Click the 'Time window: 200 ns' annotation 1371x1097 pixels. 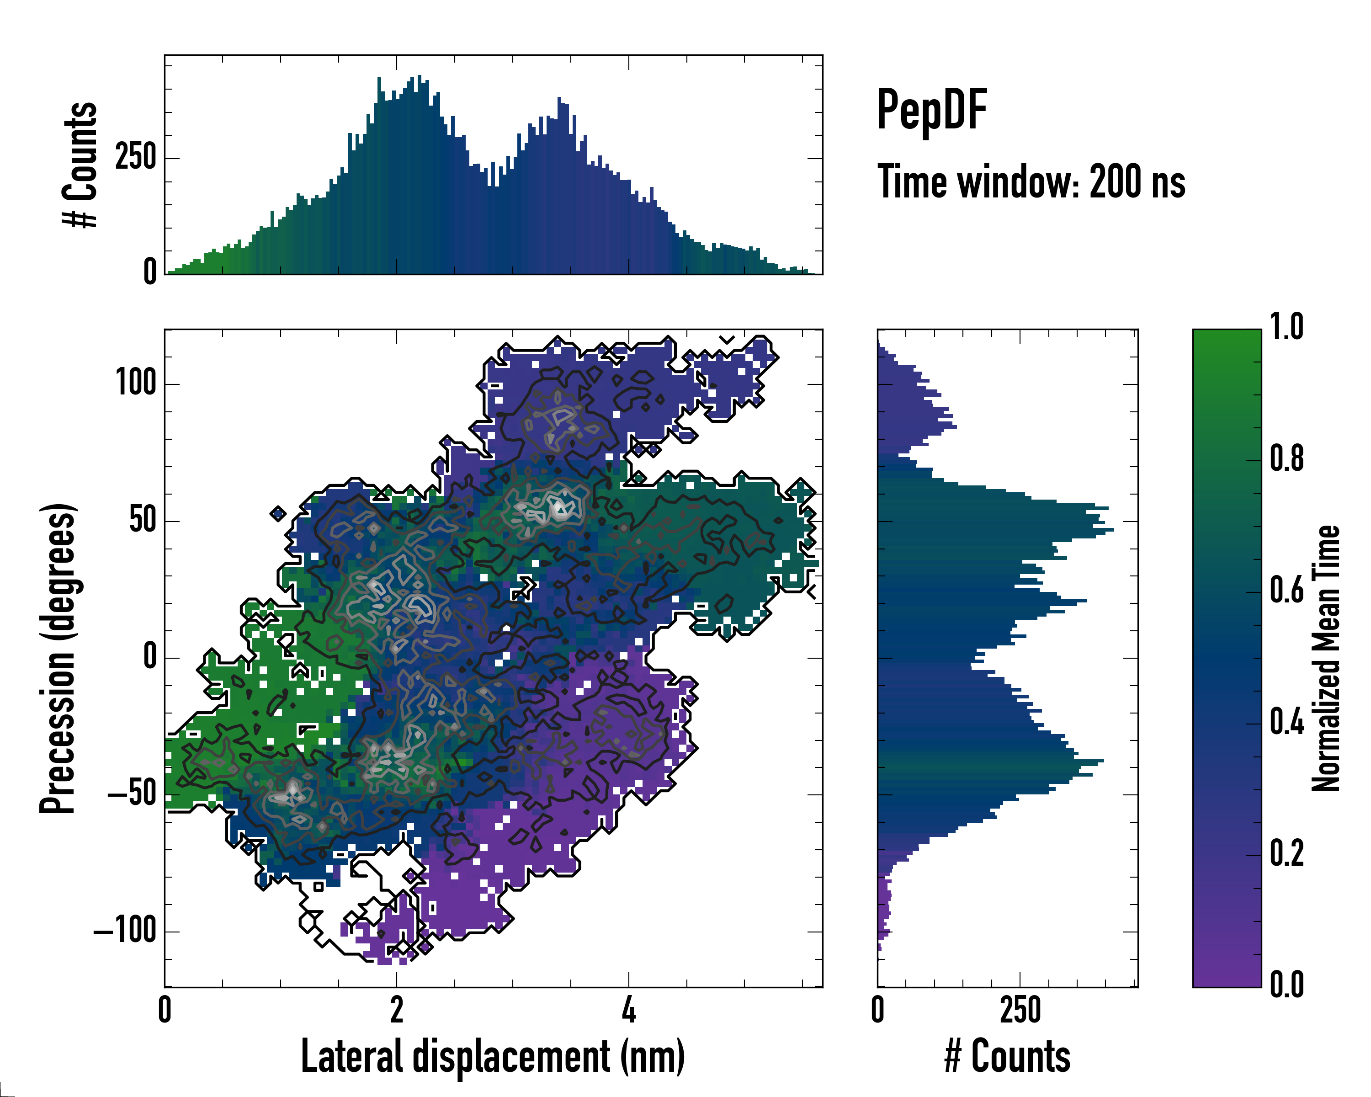click(x=1031, y=182)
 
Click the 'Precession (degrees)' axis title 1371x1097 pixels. click(x=58, y=658)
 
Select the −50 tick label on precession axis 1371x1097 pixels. click(x=132, y=794)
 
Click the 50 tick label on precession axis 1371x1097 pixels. click(x=143, y=520)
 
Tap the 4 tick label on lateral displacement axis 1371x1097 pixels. click(x=628, y=1010)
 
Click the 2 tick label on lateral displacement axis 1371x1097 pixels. click(x=396, y=1010)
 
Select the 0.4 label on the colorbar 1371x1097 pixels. click(x=1286, y=723)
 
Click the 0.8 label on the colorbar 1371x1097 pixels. click(x=1286, y=458)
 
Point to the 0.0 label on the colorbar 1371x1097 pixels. click(x=1286, y=985)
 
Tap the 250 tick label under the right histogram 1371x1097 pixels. click(x=1020, y=1010)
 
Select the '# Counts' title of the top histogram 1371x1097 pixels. click(x=81, y=165)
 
